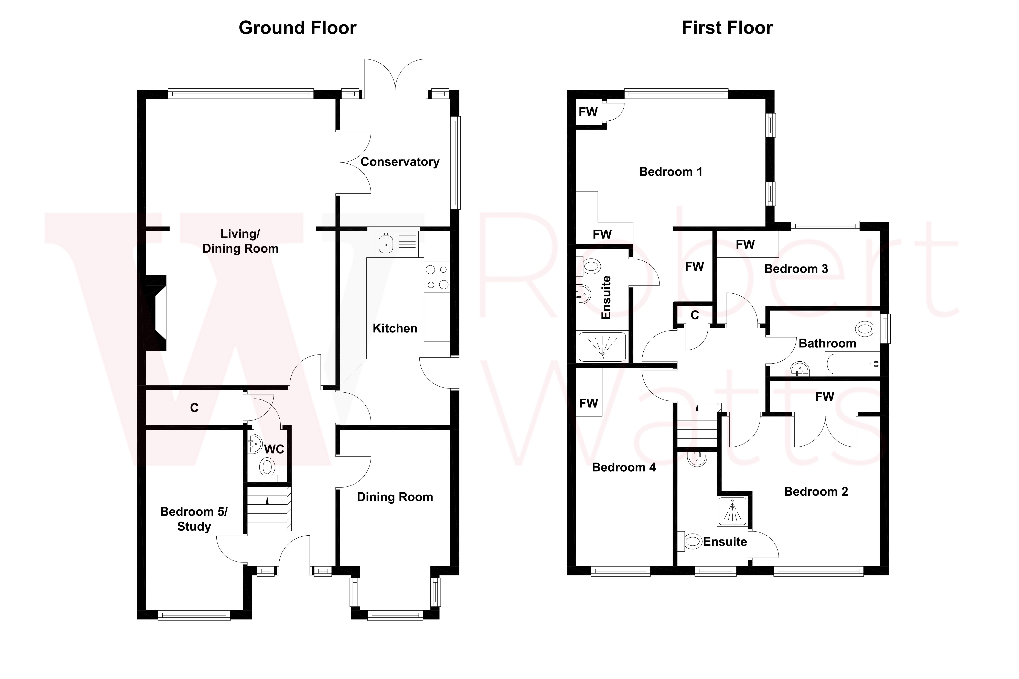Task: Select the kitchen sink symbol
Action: [386, 243]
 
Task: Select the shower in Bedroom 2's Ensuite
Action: [732, 511]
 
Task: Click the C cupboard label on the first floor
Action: [695, 315]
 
